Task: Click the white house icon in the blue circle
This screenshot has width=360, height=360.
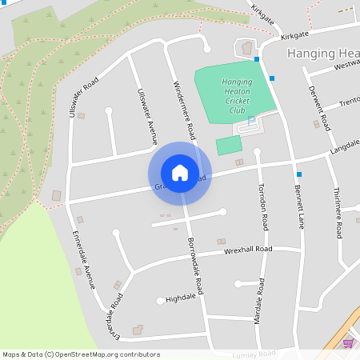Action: [180, 173]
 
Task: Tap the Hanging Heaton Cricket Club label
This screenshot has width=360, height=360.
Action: [236, 96]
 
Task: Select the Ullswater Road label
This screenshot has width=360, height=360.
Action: [83, 98]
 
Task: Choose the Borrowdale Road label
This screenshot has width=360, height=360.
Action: [197, 268]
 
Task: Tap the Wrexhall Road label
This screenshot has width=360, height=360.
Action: [248, 250]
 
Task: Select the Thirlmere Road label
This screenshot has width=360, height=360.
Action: [337, 212]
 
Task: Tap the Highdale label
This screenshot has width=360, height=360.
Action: [181, 298]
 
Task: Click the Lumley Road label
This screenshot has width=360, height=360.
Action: [254, 353]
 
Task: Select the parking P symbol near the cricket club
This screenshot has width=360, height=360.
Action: [251, 121]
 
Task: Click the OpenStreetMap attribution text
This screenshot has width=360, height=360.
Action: [81, 354]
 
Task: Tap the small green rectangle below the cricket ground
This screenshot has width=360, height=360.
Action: [229, 146]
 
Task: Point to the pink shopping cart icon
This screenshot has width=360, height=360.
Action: [348, 342]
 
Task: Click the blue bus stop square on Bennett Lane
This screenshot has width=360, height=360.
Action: [298, 174]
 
